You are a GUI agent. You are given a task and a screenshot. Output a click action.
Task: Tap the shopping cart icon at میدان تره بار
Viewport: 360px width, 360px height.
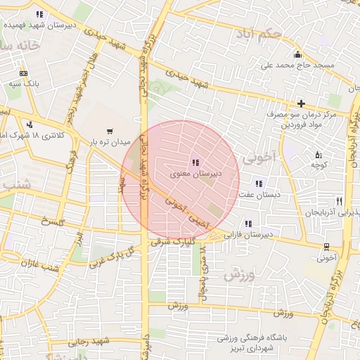109,131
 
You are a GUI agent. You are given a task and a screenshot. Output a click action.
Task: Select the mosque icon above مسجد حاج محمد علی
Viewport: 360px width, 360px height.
297,56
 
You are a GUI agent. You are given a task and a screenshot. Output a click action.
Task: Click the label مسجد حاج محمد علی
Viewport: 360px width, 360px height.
298,65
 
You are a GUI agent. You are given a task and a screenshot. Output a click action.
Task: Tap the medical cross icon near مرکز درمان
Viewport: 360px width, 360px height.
301,103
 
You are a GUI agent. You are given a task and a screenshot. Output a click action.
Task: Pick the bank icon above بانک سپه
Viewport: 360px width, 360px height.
24,73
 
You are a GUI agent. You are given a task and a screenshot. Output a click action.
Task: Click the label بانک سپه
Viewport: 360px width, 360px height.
24,83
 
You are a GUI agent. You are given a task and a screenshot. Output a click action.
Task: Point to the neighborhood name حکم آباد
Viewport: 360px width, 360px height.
260,33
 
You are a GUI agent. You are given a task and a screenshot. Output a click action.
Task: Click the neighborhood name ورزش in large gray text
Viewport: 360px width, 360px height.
238,275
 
